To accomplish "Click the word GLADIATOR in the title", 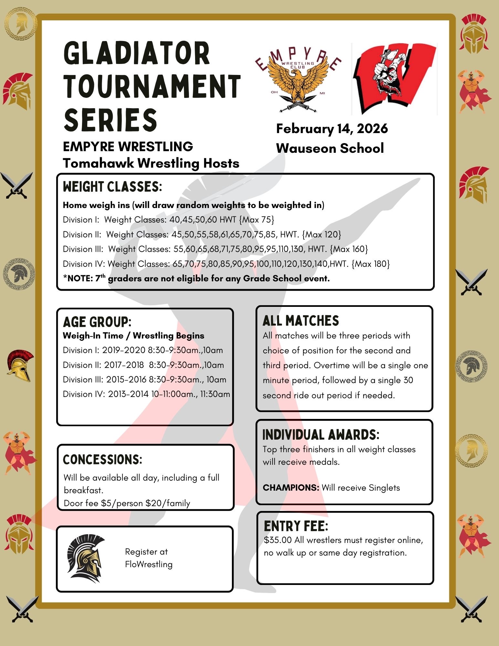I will pos(137,54).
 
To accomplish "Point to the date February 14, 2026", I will pos(332,129).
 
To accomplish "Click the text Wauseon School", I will pos(330,148).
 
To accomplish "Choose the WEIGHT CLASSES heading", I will pos(112,187).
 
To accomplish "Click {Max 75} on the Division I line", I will pos(257,220).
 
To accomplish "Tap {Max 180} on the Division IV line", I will pos(370,264).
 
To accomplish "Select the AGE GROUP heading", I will pos(97,322).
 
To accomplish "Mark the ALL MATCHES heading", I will pos(301,321).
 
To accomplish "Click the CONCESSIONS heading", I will pos(102,459).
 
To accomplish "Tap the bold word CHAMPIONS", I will pos(291,487).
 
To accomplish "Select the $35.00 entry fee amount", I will pos(277,540).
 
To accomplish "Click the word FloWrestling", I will pos(149,564).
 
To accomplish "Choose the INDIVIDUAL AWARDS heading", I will pos(321,435).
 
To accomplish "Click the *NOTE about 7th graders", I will pos(196,278).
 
